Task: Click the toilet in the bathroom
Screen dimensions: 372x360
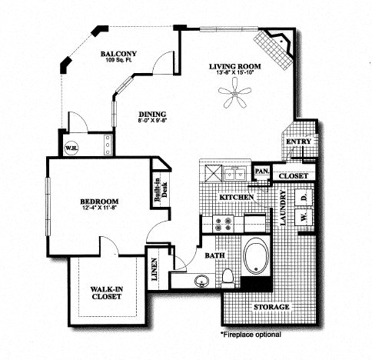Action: click(228, 278)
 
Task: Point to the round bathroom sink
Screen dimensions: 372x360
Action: click(202, 281)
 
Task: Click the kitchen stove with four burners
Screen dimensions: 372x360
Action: click(223, 224)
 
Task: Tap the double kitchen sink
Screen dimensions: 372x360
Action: click(235, 174)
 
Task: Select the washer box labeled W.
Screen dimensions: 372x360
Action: click(304, 218)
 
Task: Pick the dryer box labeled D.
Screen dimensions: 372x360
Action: click(304, 198)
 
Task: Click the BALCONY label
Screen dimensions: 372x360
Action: click(118, 54)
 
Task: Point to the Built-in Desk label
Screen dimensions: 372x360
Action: click(161, 189)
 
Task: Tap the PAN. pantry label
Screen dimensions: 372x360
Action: click(262, 171)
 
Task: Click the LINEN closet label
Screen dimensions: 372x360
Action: click(154, 269)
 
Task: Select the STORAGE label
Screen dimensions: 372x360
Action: click(271, 307)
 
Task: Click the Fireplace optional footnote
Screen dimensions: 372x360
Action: click(251, 335)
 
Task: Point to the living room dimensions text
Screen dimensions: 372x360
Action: click(235, 72)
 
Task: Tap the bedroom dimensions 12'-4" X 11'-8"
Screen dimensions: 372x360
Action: click(98, 207)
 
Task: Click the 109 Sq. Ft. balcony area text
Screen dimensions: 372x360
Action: click(118, 60)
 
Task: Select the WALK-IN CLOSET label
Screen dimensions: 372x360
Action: click(107, 293)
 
